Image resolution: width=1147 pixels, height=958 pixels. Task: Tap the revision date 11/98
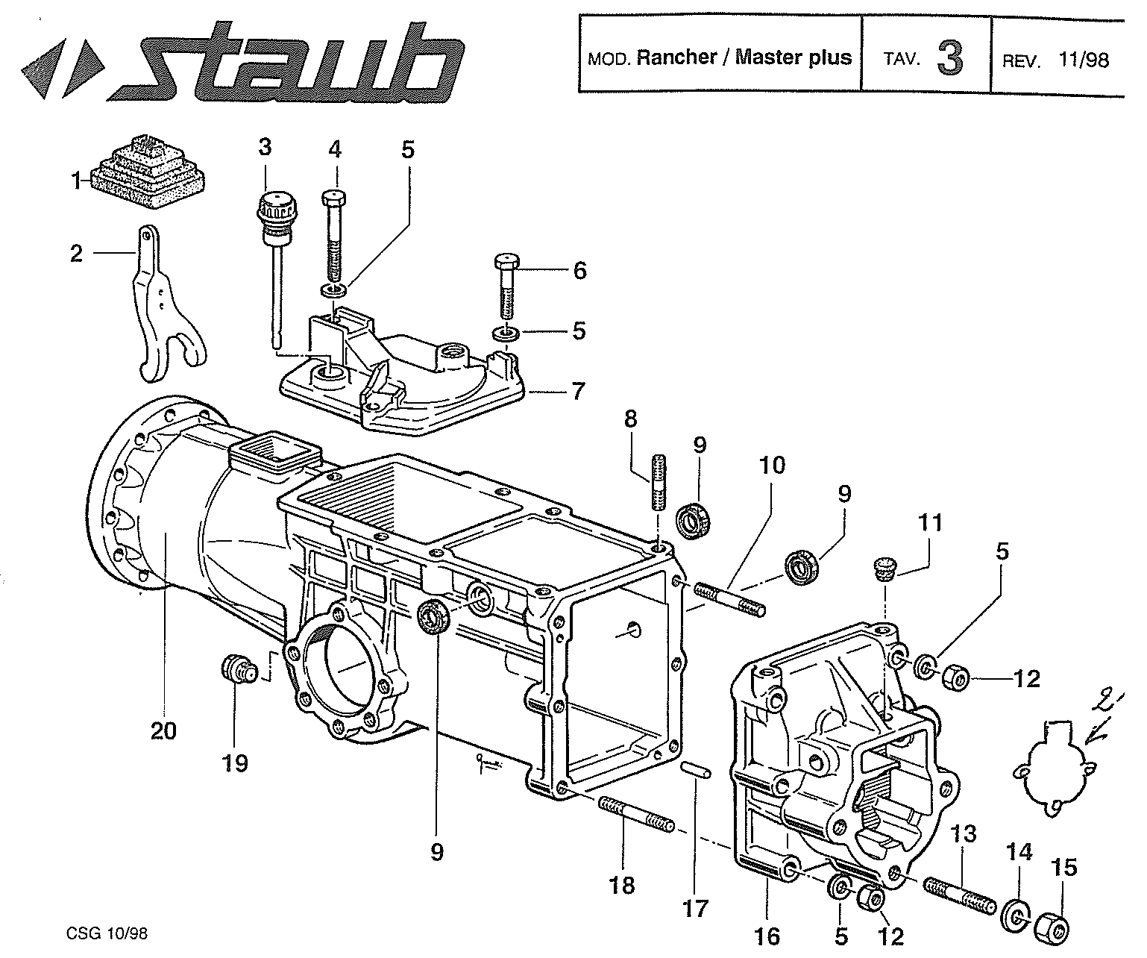click(x=1083, y=60)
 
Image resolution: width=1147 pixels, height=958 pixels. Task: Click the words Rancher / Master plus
click(x=744, y=57)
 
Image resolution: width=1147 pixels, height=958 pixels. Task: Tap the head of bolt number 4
click(x=334, y=199)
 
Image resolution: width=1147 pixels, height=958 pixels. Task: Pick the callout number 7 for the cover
click(x=578, y=390)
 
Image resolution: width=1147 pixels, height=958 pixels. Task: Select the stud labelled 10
click(x=730, y=598)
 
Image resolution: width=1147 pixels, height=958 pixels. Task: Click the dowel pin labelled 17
click(x=697, y=771)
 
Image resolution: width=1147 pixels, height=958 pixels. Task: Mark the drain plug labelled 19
click(x=239, y=667)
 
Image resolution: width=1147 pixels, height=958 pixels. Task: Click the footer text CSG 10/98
click(x=112, y=933)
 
